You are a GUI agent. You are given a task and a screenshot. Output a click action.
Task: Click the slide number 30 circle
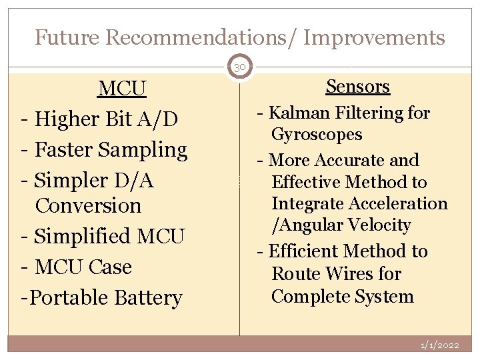click(239, 67)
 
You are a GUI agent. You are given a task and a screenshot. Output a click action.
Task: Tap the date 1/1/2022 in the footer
click(439, 345)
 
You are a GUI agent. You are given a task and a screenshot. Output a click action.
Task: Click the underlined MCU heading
click(122, 88)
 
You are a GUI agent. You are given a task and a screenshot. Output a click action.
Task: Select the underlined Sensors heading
click(357, 86)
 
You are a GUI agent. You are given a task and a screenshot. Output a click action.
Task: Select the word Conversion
click(89, 205)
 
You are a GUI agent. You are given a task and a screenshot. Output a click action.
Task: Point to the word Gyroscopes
click(317, 134)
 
